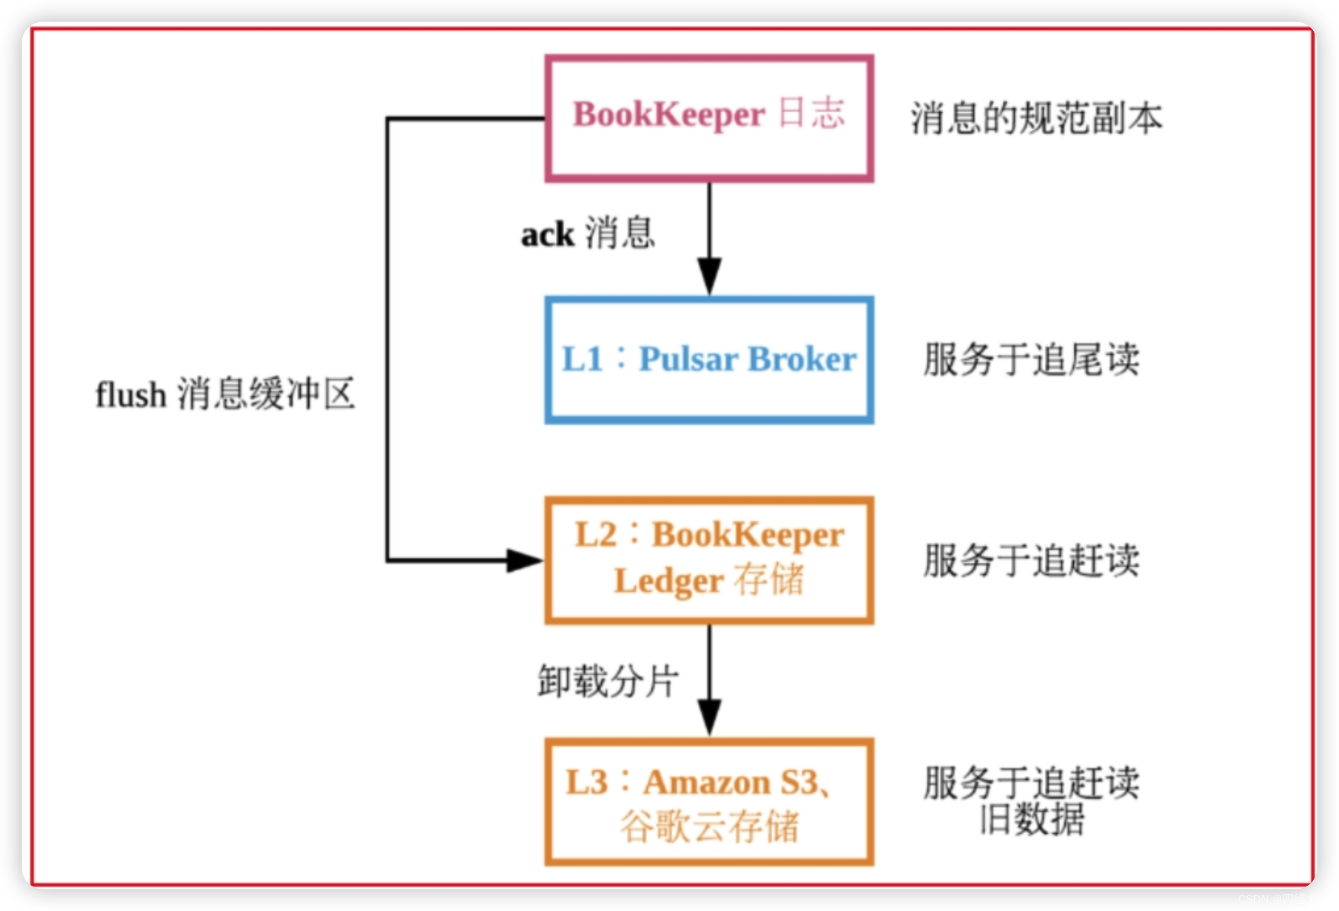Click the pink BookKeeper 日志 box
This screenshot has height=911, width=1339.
click(709, 119)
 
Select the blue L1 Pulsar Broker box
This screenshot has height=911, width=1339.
click(709, 360)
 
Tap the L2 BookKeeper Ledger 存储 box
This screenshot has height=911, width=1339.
click(709, 560)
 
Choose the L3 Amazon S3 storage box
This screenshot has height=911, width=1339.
click(709, 801)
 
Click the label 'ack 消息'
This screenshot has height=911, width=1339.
click(588, 233)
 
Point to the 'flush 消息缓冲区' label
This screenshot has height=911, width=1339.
click(225, 395)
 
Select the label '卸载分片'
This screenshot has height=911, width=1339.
click(608, 682)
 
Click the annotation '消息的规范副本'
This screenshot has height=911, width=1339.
click(1036, 119)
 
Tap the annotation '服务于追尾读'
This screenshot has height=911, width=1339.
click(1031, 360)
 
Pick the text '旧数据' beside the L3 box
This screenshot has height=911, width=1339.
click(1032, 819)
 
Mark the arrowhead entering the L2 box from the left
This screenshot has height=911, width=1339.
click(524, 560)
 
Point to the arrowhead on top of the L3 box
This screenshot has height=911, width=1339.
click(709, 717)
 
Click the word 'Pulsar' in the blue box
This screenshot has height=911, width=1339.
click(689, 360)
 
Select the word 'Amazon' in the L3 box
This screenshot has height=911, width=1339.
click(707, 783)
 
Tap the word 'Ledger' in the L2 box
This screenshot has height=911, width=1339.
click(668, 581)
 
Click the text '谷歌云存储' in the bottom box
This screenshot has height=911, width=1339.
click(709, 827)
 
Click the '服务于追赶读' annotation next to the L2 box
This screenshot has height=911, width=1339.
click(1031, 560)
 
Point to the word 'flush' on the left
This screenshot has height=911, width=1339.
click(131, 395)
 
